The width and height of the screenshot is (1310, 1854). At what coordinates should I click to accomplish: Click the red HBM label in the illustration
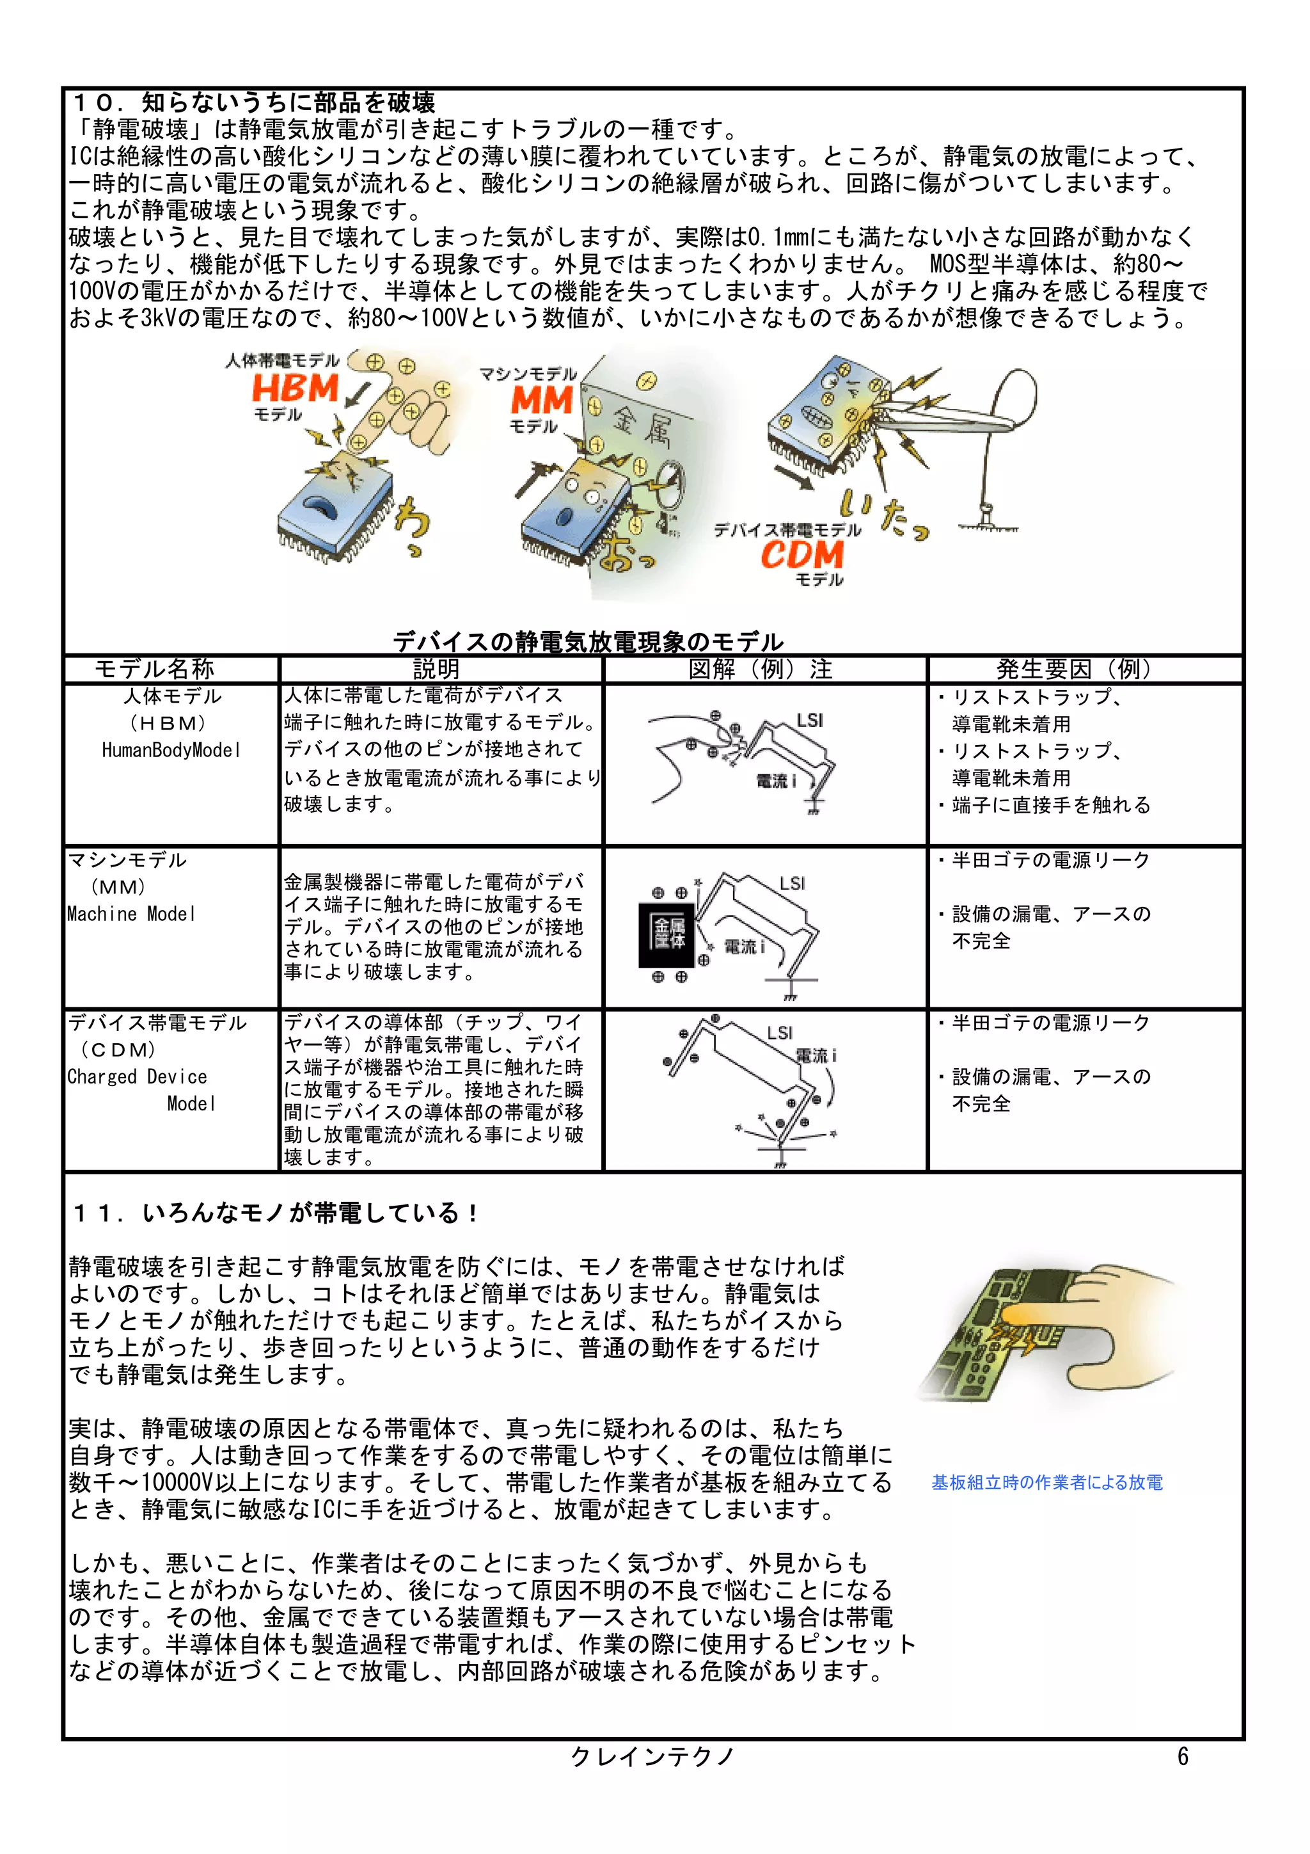(x=296, y=388)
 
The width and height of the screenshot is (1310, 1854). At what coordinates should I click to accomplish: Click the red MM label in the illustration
(x=542, y=400)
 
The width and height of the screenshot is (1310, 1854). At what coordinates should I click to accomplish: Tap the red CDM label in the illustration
(x=801, y=555)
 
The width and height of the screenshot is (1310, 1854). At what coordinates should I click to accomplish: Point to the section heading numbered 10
(x=254, y=102)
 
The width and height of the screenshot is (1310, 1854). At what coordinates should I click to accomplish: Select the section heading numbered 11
(x=275, y=1213)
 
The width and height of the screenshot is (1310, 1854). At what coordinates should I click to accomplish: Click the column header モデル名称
(x=154, y=669)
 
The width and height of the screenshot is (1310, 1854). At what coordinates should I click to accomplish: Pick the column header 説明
(x=436, y=669)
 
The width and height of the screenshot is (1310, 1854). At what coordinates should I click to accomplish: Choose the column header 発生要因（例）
(x=1077, y=669)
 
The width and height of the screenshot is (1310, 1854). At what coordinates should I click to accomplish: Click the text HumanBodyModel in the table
(x=171, y=750)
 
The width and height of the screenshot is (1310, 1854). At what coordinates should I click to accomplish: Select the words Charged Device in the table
(x=138, y=1076)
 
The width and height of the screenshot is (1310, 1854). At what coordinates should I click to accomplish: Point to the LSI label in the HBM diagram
(x=810, y=720)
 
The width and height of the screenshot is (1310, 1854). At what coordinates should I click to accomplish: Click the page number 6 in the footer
(x=1183, y=1756)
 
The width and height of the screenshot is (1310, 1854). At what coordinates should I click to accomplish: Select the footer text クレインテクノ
(x=652, y=1756)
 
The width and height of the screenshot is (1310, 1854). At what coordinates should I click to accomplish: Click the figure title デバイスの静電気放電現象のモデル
(x=588, y=642)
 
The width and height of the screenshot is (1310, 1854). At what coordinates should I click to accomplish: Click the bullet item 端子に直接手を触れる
(x=1051, y=805)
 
